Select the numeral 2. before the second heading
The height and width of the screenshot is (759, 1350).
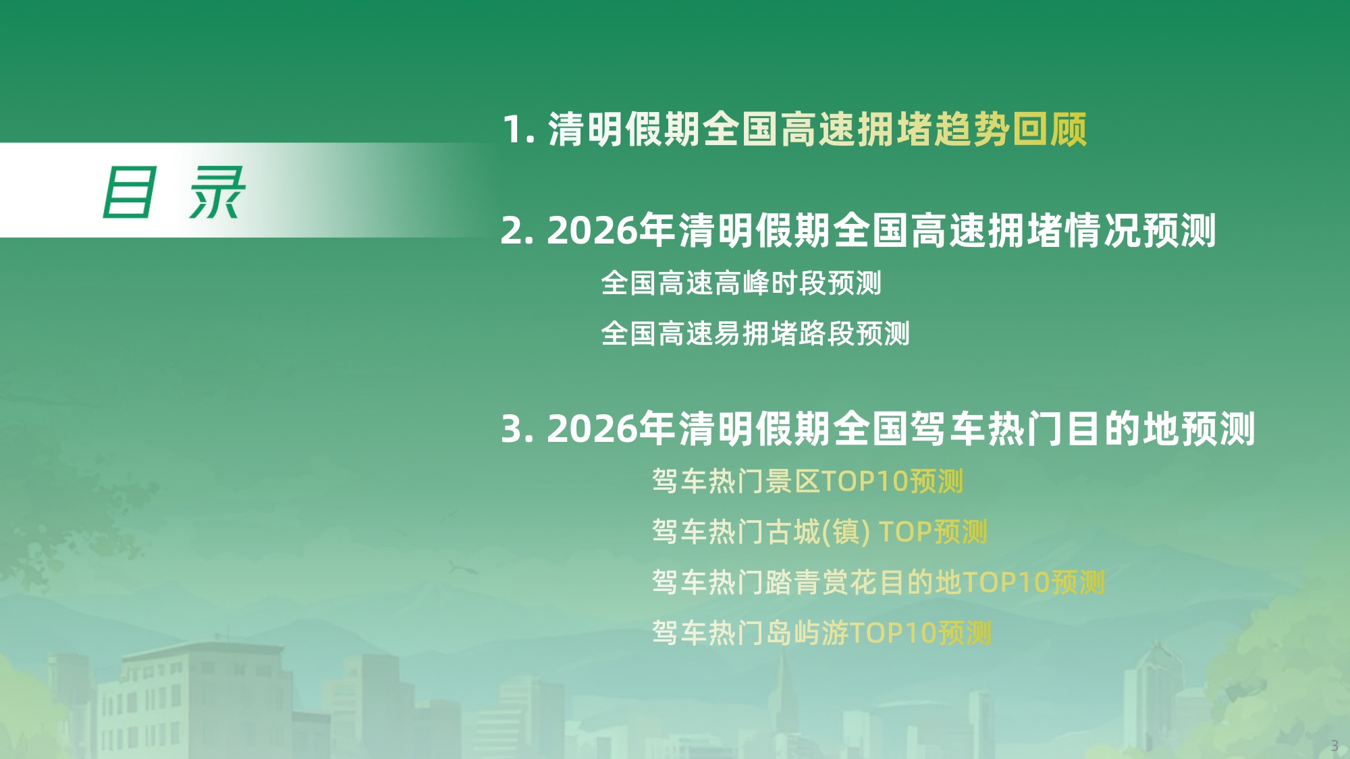(x=517, y=231)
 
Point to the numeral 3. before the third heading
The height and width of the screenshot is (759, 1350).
(x=517, y=429)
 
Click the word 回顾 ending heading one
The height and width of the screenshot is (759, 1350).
(x=1050, y=130)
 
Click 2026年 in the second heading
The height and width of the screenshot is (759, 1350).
(x=610, y=231)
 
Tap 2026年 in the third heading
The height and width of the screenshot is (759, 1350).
(x=610, y=429)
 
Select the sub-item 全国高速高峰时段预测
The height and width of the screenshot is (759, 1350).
(x=740, y=283)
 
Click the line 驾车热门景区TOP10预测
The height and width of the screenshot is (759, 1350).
(x=807, y=482)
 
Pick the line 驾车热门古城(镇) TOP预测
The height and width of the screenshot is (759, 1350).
(x=819, y=532)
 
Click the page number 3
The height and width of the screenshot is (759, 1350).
(x=1334, y=746)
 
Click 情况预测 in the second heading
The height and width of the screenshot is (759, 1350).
(x=1141, y=231)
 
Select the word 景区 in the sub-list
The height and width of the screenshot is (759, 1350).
(x=792, y=482)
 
